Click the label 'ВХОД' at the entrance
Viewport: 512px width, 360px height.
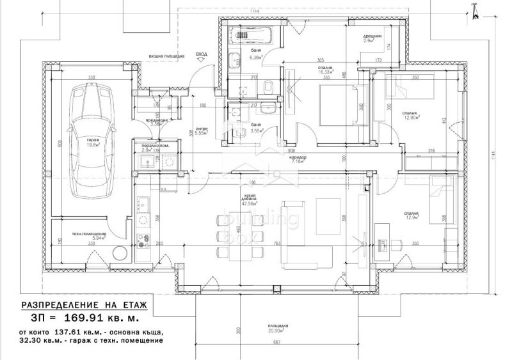tap(202, 56)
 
